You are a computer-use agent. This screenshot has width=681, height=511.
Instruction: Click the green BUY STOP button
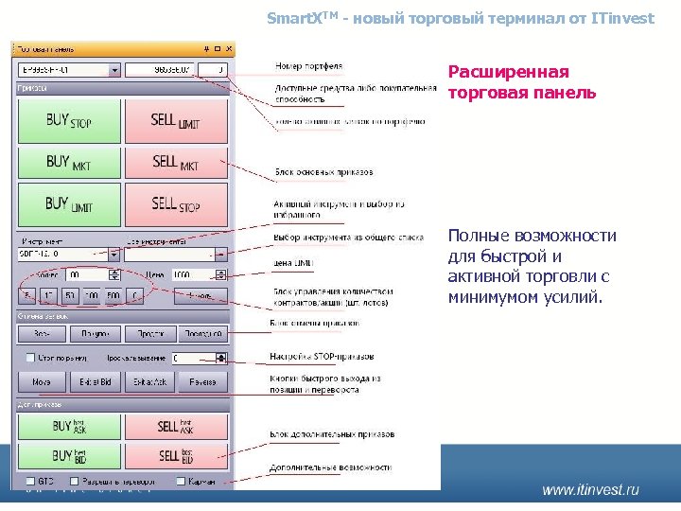pyautogui.click(x=69, y=120)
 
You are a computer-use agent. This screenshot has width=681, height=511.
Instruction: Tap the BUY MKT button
pyautogui.click(x=69, y=162)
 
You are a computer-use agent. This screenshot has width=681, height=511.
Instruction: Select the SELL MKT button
pyautogui.click(x=176, y=162)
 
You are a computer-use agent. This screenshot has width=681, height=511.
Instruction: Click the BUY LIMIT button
pyautogui.click(x=69, y=203)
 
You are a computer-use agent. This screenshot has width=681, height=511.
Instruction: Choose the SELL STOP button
pyautogui.click(x=176, y=203)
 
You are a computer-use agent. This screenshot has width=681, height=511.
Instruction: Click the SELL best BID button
pyautogui.click(x=176, y=455)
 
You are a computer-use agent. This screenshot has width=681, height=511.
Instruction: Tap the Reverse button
pyautogui.click(x=202, y=382)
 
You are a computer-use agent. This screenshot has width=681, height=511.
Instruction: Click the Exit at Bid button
pyautogui.click(x=96, y=382)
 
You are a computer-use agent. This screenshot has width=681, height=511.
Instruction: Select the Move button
pyautogui.click(x=42, y=382)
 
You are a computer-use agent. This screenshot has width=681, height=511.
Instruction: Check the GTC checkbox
pyautogui.click(x=30, y=482)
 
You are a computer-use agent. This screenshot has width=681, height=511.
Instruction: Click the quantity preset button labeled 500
pyautogui.click(x=113, y=296)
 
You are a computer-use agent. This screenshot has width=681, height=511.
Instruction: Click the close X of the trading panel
pyautogui.click(x=226, y=48)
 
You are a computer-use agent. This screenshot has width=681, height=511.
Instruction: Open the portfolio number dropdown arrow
pyautogui.click(x=115, y=69)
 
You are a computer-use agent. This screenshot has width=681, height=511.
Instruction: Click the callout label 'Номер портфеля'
pyautogui.click(x=308, y=67)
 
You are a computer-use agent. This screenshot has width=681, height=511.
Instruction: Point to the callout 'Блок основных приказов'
pyautogui.click(x=323, y=172)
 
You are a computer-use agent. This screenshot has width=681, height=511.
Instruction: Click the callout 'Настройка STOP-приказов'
pyautogui.click(x=323, y=356)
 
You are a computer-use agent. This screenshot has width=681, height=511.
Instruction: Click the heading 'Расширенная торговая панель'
pyautogui.click(x=521, y=82)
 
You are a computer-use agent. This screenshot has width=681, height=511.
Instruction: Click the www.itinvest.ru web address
pyautogui.click(x=590, y=489)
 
